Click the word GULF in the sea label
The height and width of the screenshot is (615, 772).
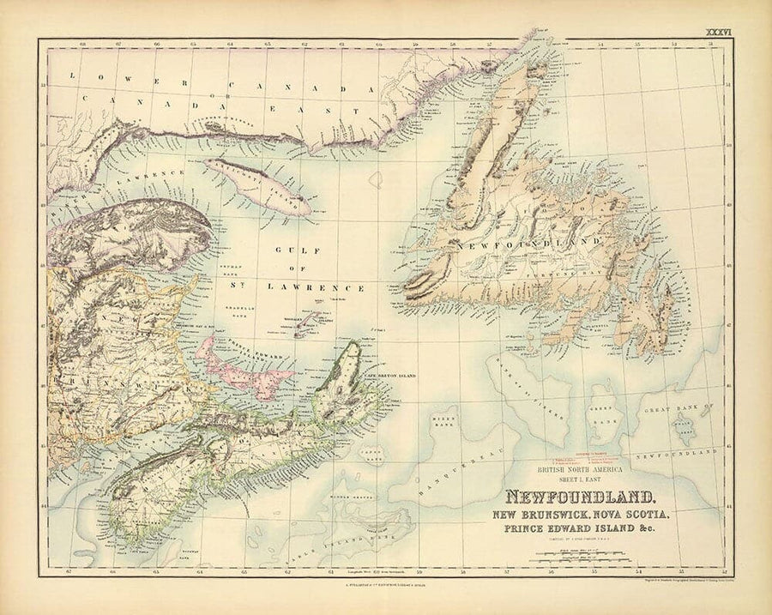click(x=289, y=251)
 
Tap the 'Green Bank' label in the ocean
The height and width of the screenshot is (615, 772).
click(x=606, y=419)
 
